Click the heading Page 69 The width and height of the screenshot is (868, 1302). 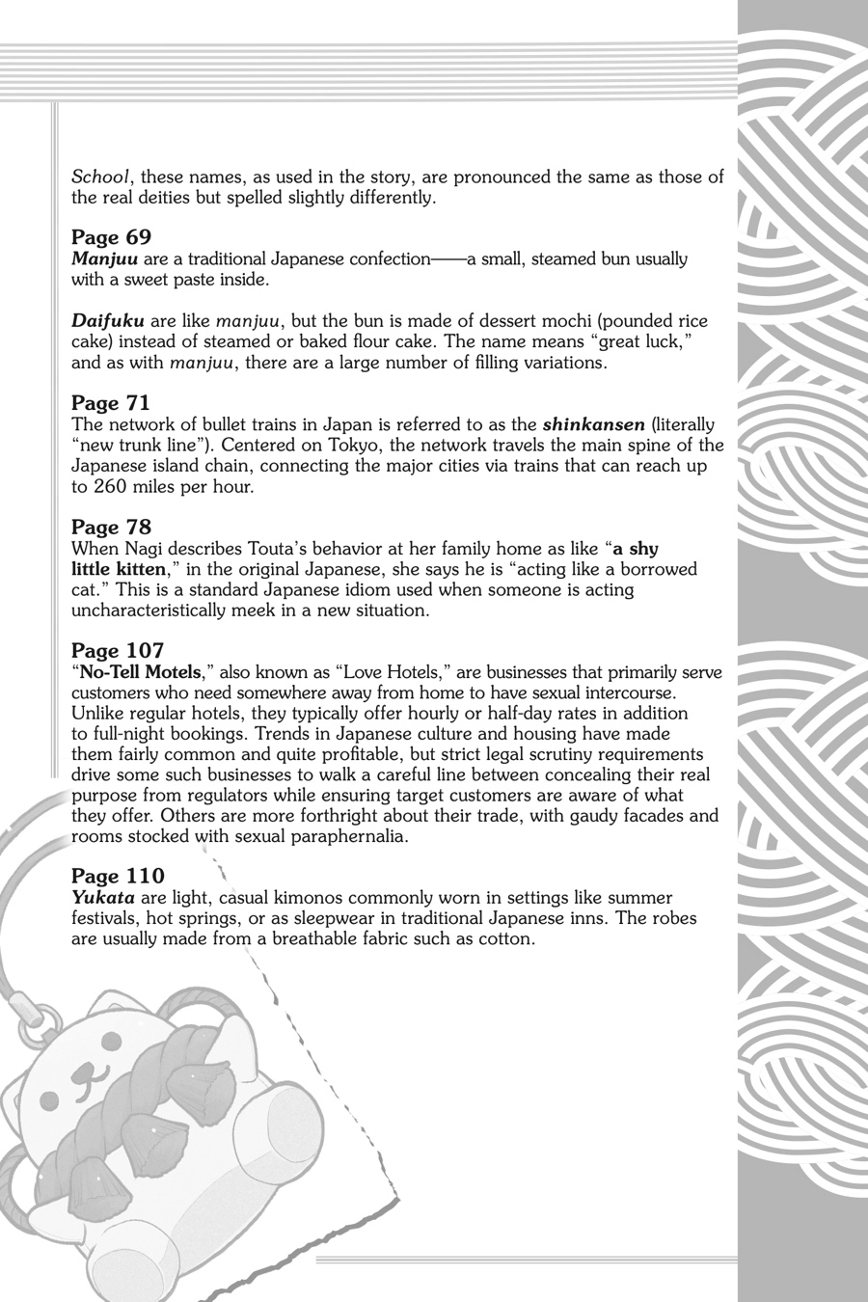pyautogui.click(x=111, y=237)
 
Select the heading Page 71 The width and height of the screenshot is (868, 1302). pyautogui.click(x=111, y=403)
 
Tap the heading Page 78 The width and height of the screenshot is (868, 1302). pyautogui.click(x=111, y=527)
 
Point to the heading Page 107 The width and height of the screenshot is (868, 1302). pyautogui.click(x=118, y=651)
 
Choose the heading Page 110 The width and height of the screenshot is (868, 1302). pyautogui.click(x=118, y=876)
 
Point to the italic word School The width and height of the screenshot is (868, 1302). pyautogui.click(x=100, y=177)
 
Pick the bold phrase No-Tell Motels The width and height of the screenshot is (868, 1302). pyautogui.click(x=140, y=672)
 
